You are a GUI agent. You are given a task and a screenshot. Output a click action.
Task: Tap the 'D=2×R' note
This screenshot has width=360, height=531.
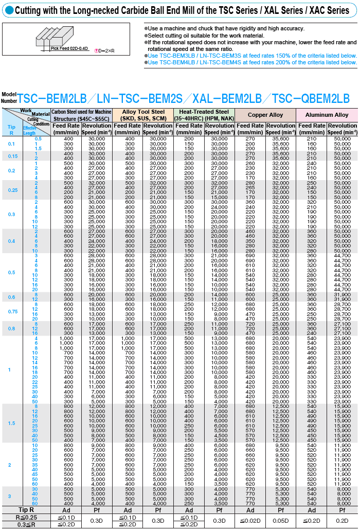[x=105, y=50]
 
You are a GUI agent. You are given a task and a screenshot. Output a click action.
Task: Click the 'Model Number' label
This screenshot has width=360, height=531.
[x=9, y=97]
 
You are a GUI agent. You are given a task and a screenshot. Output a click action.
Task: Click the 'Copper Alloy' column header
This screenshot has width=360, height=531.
[x=265, y=115]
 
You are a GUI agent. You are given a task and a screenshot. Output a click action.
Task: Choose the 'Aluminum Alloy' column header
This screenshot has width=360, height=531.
[x=327, y=115]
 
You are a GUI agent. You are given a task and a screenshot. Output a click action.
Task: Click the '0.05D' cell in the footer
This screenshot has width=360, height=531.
[x=281, y=521]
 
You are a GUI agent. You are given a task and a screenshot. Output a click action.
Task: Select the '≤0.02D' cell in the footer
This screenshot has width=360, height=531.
[x=250, y=521]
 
